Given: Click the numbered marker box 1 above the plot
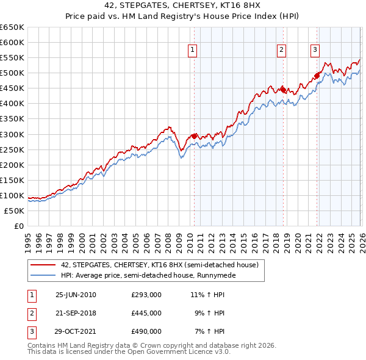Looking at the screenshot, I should [193, 51].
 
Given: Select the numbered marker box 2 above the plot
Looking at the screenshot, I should [282, 51].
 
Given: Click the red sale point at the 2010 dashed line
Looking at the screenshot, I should [194, 136].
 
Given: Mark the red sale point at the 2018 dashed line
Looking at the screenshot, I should [283, 90].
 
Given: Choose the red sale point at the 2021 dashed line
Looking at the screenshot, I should [317, 76].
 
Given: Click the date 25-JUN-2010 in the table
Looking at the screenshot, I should [76, 295].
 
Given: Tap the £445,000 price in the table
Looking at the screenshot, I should [146, 313].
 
